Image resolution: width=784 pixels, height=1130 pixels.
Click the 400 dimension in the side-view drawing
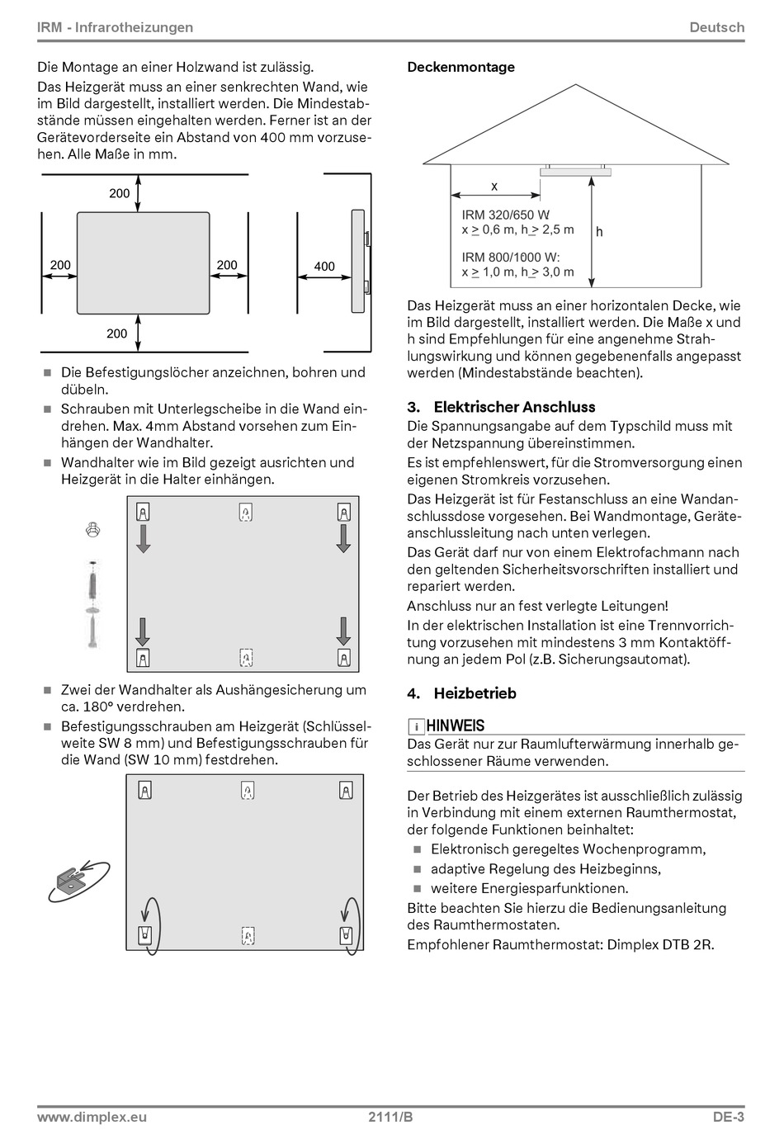pos(324,266)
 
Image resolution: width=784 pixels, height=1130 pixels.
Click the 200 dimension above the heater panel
pos(120,193)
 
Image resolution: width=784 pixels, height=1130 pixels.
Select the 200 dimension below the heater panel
pos(117,333)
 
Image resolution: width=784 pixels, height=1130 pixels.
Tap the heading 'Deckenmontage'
pos(460,67)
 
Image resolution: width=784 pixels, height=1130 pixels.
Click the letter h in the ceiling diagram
pos(599,232)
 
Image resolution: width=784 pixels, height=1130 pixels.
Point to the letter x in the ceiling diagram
pos(494,187)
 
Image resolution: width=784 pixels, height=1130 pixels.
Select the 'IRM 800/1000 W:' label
pos(511,257)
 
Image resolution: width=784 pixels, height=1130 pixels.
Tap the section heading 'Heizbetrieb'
pos(475,693)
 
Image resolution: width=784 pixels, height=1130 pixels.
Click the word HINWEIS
pos(456,726)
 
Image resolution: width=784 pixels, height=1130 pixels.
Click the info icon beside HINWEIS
pos(418,726)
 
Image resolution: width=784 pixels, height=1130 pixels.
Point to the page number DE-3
pos(729,1118)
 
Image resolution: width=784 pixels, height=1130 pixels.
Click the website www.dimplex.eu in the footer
pos(92,1118)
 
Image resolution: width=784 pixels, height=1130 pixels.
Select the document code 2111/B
pos(390,1118)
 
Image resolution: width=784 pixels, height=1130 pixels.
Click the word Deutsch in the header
pos(716,27)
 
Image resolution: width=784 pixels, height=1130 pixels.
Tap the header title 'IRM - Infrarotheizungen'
pos(116,27)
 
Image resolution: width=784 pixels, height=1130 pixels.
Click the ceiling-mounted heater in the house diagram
pos(577,171)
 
